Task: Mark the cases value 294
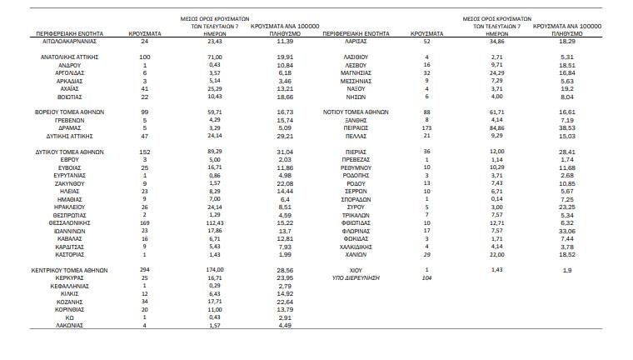coord(145,272)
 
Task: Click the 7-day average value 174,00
coord(202,272)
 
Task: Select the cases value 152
coord(145,152)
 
